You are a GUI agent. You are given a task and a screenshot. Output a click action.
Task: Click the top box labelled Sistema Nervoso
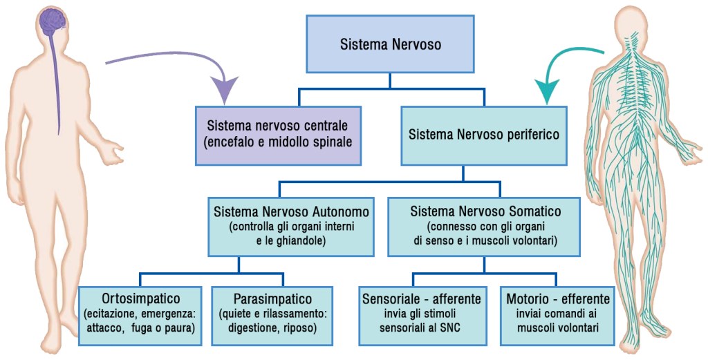point(390,44)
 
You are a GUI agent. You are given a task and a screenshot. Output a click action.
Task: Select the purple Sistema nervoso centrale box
point(278,135)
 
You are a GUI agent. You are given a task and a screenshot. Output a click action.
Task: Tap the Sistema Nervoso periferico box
point(483,135)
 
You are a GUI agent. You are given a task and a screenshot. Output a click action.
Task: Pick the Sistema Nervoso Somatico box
point(485,225)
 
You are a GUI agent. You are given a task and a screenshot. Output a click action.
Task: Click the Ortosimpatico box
point(140,315)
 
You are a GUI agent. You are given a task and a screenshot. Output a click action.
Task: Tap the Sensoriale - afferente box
point(422,315)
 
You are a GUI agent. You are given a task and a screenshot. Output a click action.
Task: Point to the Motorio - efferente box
point(557,315)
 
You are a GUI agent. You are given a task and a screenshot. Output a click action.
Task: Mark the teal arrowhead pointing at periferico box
point(549,90)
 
